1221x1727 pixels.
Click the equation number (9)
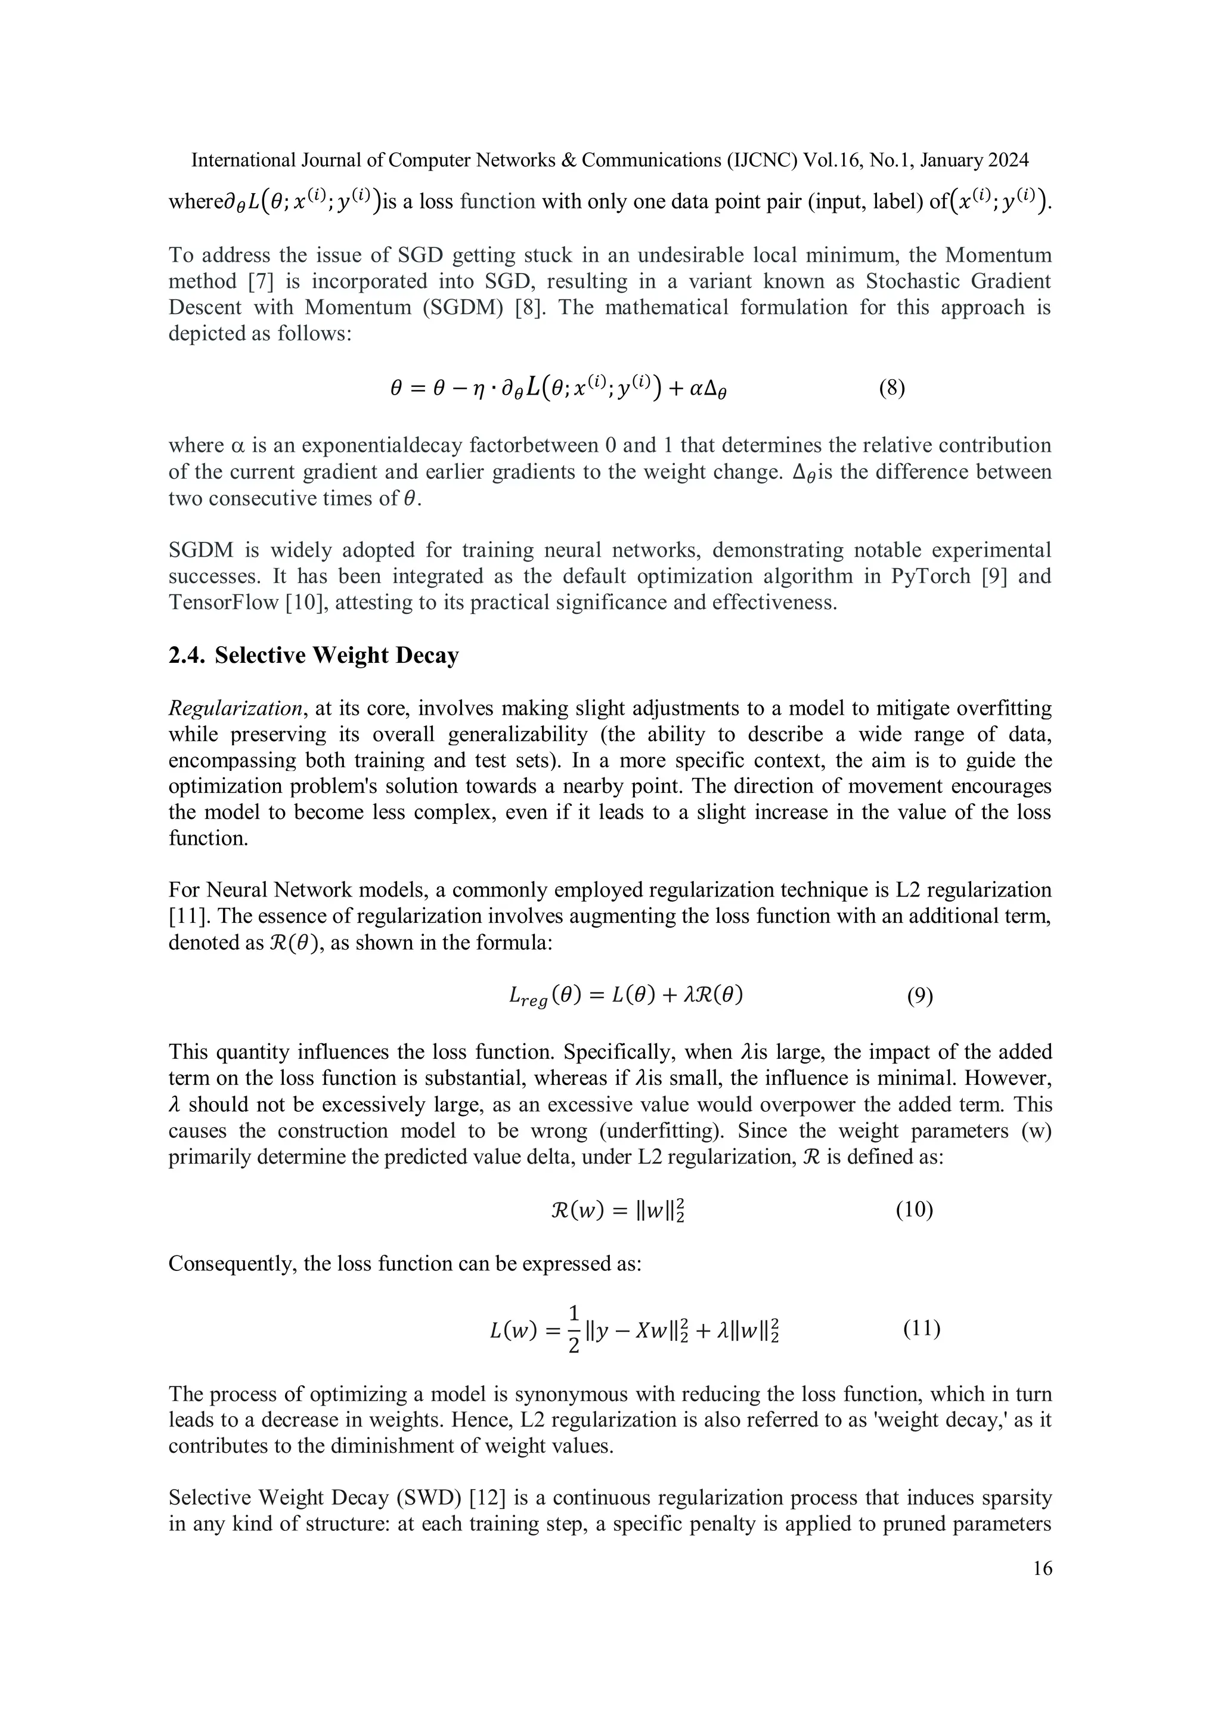[919, 997]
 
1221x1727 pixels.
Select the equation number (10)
[914, 1210]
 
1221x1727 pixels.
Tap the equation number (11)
[922, 1328]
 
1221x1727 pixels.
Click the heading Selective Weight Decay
[336, 656]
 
